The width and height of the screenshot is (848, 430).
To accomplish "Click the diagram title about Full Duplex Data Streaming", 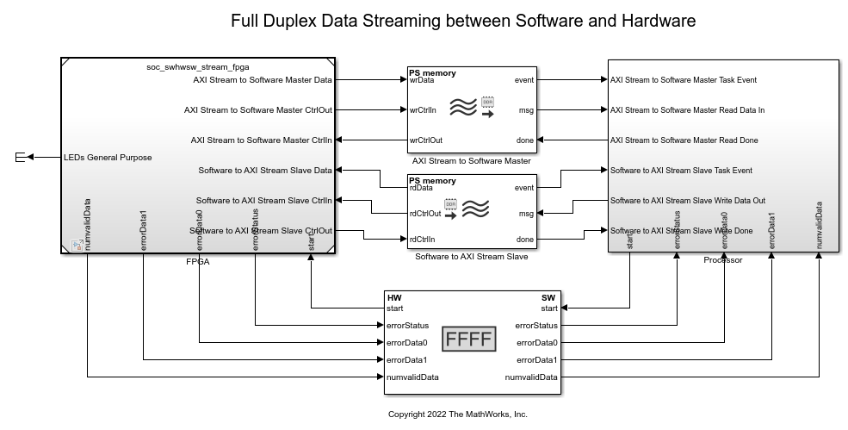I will pyautogui.click(x=464, y=21).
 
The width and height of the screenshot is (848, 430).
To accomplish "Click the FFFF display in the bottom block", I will pyautogui.click(x=469, y=339).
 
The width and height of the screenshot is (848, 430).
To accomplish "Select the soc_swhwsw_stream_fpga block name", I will pyautogui.click(x=198, y=66).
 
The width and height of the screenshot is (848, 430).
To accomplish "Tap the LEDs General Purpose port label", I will pyautogui.click(x=108, y=158).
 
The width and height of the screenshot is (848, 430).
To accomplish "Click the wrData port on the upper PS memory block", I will pyautogui.click(x=422, y=80).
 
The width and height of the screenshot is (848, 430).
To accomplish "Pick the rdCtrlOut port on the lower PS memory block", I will pyautogui.click(x=425, y=213).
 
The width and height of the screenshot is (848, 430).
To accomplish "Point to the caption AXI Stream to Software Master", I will pyautogui.click(x=471, y=161).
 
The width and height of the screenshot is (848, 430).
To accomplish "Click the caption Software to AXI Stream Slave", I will pyautogui.click(x=471, y=256).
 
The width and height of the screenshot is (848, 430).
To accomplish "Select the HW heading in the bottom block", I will pyautogui.click(x=395, y=298).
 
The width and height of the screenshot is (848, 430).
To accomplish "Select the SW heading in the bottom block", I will pyautogui.click(x=549, y=298).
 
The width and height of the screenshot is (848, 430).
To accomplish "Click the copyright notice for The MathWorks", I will pyautogui.click(x=457, y=414).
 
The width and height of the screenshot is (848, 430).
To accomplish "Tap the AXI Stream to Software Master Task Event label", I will pyautogui.click(x=683, y=80).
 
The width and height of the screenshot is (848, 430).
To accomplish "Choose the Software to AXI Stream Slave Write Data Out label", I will pyautogui.click(x=687, y=201).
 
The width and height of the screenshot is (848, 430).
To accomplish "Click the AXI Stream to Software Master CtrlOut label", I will pyautogui.click(x=257, y=110).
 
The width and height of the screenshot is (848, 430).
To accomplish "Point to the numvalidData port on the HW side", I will pyautogui.click(x=412, y=377).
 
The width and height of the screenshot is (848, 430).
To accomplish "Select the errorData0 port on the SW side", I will pyautogui.click(x=536, y=342).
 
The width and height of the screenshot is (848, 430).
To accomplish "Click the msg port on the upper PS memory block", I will pyautogui.click(x=526, y=110).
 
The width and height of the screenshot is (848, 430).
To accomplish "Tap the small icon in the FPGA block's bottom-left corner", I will pyautogui.click(x=76, y=246).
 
